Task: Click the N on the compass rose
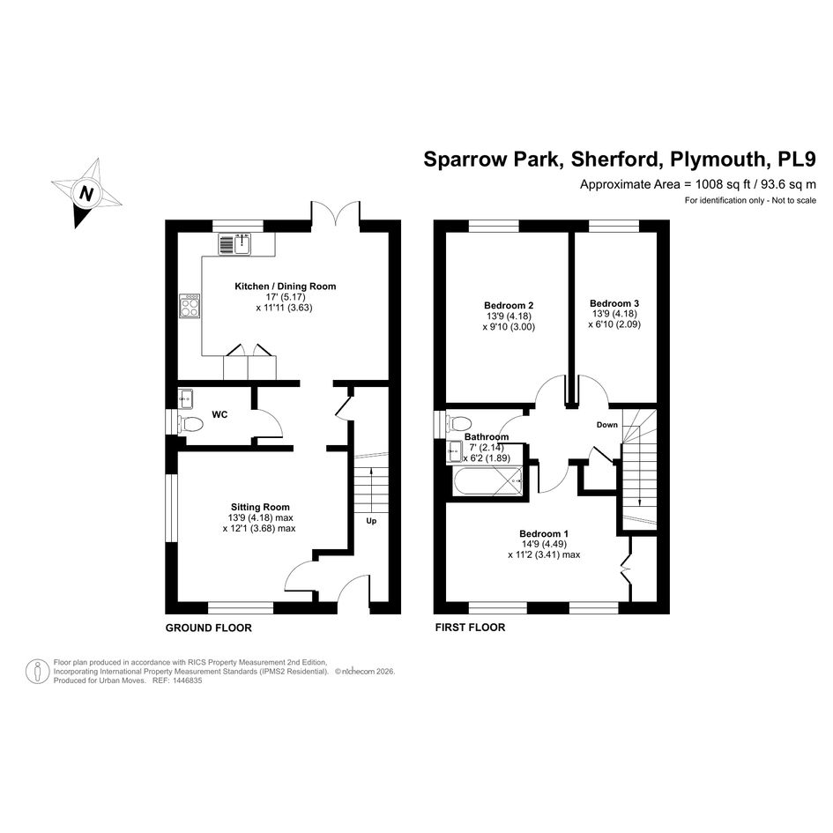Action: click(86, 193)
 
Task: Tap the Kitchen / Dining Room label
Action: click(286, 286)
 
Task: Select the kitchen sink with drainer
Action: click(234, 244)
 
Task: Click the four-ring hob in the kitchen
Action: click(190, 306)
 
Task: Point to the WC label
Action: click(219, 414)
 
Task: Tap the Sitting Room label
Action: click(260, 507)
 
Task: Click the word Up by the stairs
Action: click(371, 521)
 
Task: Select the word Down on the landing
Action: click(607, 425)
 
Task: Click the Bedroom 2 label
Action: click(509, 306)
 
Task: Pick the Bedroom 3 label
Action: click(614, 303)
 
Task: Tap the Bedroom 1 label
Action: click(544, 533)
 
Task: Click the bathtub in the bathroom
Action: click(488, 482)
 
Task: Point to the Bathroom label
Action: click(487, 436)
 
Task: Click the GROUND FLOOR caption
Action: click(209, 628)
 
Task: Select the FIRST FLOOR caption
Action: click(470, 628)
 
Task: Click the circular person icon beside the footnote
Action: click(38, 672)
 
